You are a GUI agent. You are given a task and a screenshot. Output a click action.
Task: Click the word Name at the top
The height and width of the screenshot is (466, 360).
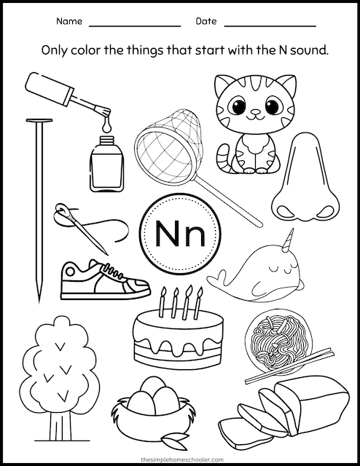coord(69,23)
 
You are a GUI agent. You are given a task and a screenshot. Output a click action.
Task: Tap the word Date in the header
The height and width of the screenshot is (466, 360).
coord(206,23)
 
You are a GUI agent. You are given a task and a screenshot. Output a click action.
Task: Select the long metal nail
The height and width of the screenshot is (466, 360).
coord(36,204)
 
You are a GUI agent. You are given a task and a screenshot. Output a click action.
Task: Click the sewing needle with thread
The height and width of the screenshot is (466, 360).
coord(82,221)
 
